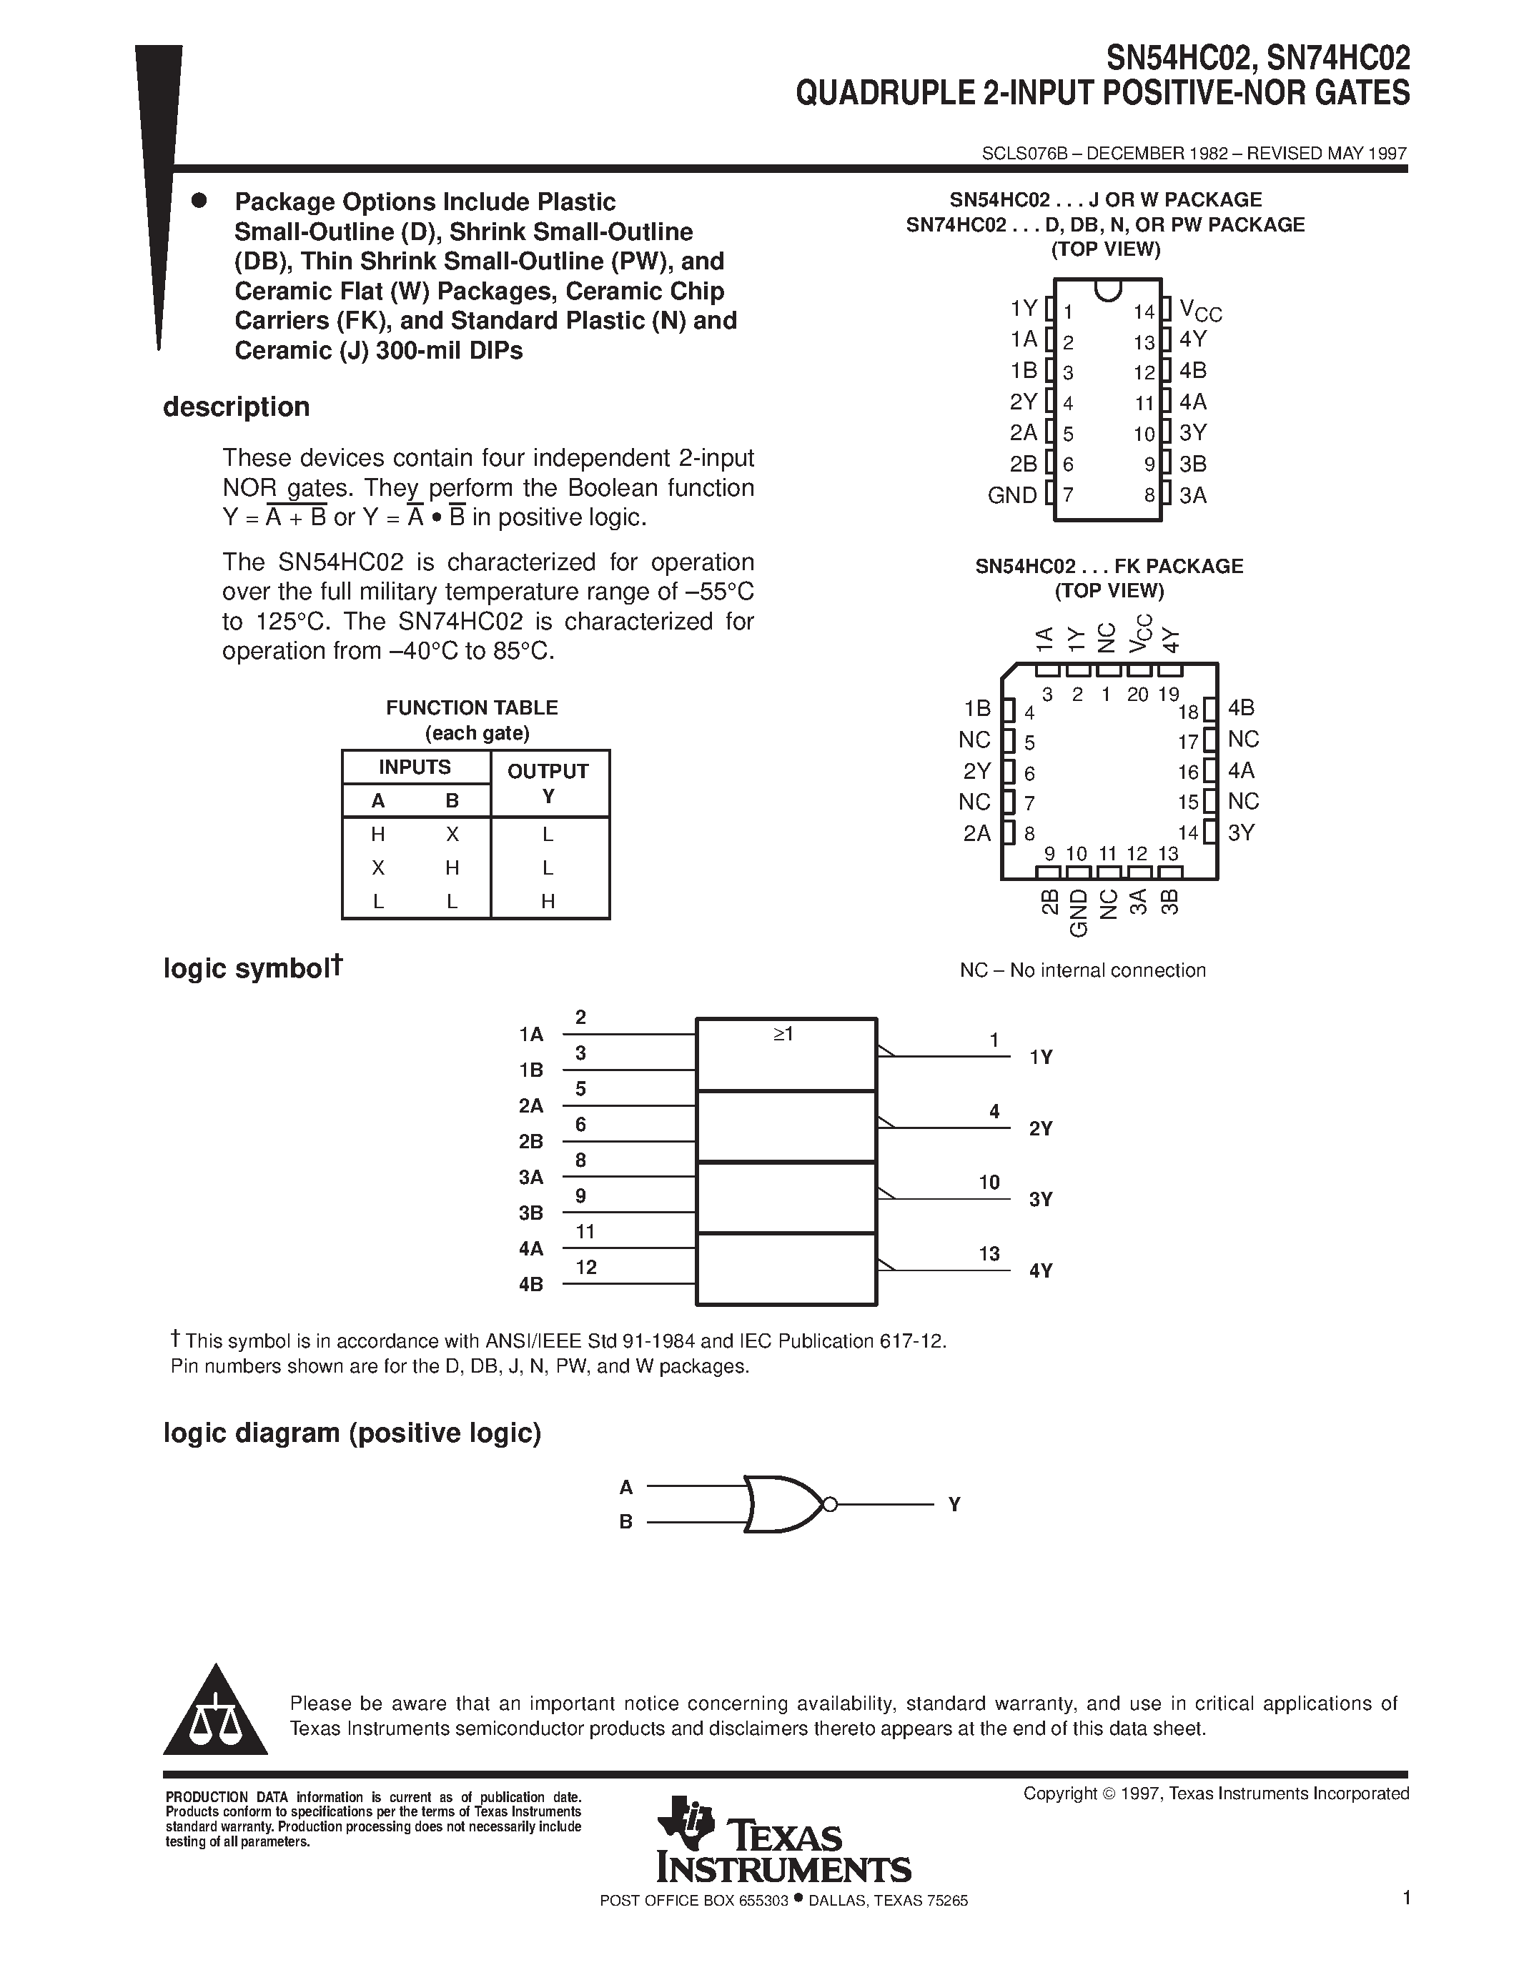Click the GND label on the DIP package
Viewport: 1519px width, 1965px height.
1012,496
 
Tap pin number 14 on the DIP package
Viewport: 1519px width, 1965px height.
1143,312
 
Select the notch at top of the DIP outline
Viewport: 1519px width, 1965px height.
1108,289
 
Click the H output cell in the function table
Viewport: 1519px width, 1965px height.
548,900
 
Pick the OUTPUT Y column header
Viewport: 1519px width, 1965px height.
548,782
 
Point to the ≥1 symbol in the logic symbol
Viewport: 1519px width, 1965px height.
783,1035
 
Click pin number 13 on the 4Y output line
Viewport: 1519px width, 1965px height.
989,1253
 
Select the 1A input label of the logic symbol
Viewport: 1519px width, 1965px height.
531,1035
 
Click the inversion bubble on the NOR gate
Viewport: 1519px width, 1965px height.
830,1504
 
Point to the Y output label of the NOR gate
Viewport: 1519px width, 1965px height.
955,1504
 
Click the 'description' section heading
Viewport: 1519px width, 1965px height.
236,407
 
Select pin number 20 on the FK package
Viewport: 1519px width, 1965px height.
1137,695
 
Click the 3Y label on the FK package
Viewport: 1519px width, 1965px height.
1241,833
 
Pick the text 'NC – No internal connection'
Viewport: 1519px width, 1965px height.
1082,970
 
